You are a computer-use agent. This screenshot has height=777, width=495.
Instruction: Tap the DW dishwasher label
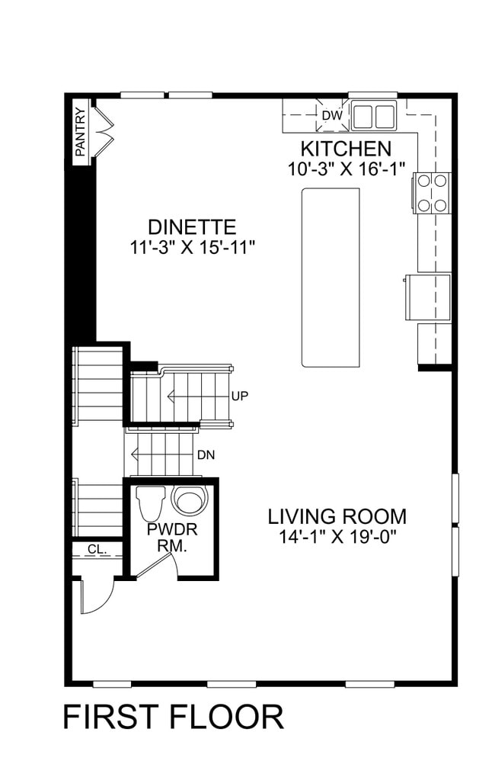(x=331, y=116)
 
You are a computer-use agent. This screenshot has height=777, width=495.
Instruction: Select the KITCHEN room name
(x=346, y=149)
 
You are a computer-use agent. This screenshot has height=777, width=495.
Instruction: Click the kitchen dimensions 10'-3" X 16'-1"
(x=346, y=169)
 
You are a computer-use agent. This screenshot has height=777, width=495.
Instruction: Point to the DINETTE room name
(x=192, y=227)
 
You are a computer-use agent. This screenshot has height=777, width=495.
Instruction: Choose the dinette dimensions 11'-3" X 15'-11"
(x=192, y=247)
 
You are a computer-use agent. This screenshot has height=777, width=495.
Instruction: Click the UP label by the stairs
(x=240, y=396)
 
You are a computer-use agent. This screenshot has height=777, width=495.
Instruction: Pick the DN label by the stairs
(x=206, y=455)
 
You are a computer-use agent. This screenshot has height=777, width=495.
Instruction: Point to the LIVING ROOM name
(x=337, y=516)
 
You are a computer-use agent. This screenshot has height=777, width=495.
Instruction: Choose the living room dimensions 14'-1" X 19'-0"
(x=337, y=536)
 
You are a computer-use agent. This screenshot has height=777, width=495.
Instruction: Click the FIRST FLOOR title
(x=173, y=718)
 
